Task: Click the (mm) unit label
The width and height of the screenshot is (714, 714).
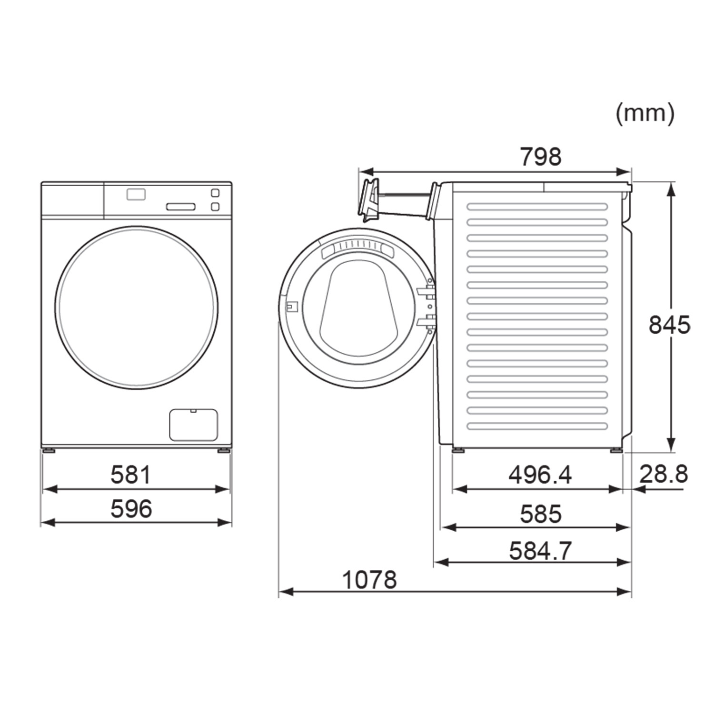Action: click(x=645, y=114)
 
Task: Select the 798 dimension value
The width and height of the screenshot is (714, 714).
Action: click(x=540, y=157)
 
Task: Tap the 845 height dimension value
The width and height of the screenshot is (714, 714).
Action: click(x=669, y=325)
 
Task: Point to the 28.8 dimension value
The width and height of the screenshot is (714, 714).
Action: click(x=664, y=474)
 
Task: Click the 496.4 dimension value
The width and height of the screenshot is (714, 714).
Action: click(x=540, y=475)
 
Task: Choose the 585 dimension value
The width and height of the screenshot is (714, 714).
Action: click(x=541, y=514)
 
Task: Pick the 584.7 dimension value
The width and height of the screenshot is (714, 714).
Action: click(x=540, y=551)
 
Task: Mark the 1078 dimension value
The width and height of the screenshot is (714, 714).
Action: click(x=369, y=580)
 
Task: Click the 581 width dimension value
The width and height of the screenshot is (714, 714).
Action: click(x=130, y=475)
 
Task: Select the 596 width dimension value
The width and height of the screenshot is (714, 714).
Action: click(x=131, y=508)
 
